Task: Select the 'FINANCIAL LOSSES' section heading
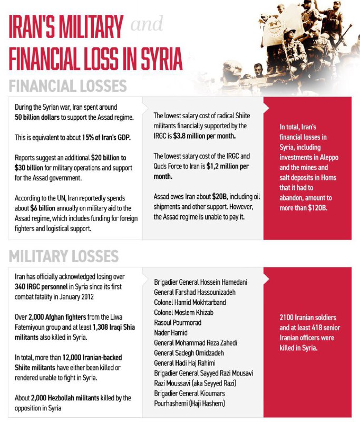[x=68, y=86]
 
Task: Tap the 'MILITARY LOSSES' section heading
[x=64, y=257]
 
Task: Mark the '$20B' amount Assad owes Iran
[x=222, y=197]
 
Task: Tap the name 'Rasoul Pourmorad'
[x=179, y=322]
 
